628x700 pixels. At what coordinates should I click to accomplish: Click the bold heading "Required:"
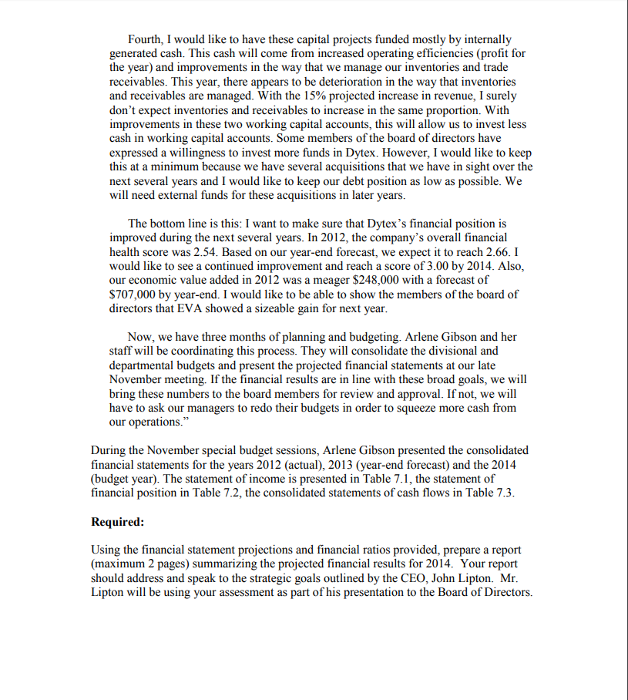click(117, 522)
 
